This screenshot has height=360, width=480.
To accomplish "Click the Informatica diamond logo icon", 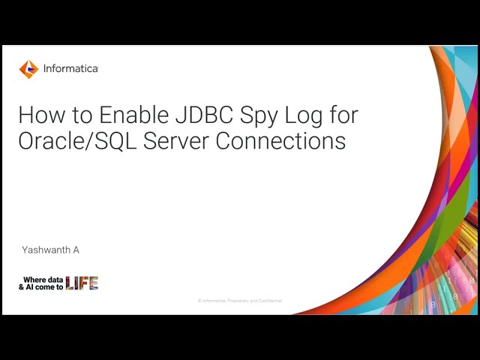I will (28, 69).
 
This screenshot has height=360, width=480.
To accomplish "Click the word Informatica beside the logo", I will (70, 69).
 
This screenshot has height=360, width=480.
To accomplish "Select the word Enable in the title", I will (129, 115).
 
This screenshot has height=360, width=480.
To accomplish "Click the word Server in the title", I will (181, 141).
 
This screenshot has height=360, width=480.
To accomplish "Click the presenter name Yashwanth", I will (46, 250).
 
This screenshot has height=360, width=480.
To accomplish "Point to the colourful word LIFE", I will (82, 283).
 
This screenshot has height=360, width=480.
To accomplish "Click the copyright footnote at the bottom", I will (240, 301).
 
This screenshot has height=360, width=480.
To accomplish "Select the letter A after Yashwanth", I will (76, 250).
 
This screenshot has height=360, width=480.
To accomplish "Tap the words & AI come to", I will (40, 286).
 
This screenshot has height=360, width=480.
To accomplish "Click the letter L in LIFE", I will (70, 283).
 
